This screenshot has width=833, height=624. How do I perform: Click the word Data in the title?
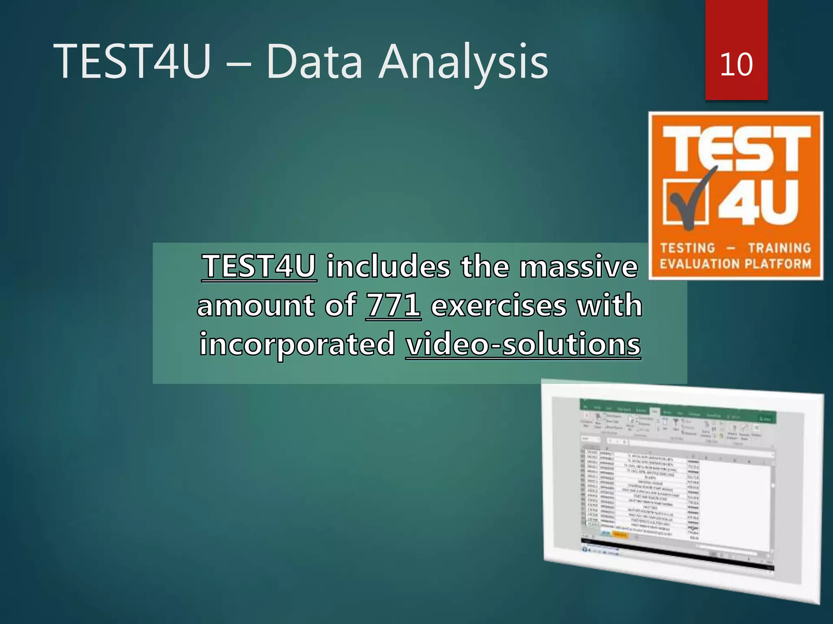[314, 62]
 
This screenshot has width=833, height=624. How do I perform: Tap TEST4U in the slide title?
[132, 62]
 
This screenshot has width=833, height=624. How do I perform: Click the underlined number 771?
[393, 305]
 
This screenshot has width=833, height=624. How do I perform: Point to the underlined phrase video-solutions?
[523, 344]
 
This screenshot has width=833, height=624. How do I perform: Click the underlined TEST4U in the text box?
[259, 266]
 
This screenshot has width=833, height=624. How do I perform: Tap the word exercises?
[498, 305]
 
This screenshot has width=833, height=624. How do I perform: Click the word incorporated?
[297, 344]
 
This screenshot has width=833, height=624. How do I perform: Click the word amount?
[255, 305]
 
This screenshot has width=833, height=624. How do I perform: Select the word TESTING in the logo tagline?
[687, 248]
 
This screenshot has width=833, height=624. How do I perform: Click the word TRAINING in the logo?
[779, 248]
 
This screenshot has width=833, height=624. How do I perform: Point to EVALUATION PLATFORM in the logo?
[735, 264]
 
